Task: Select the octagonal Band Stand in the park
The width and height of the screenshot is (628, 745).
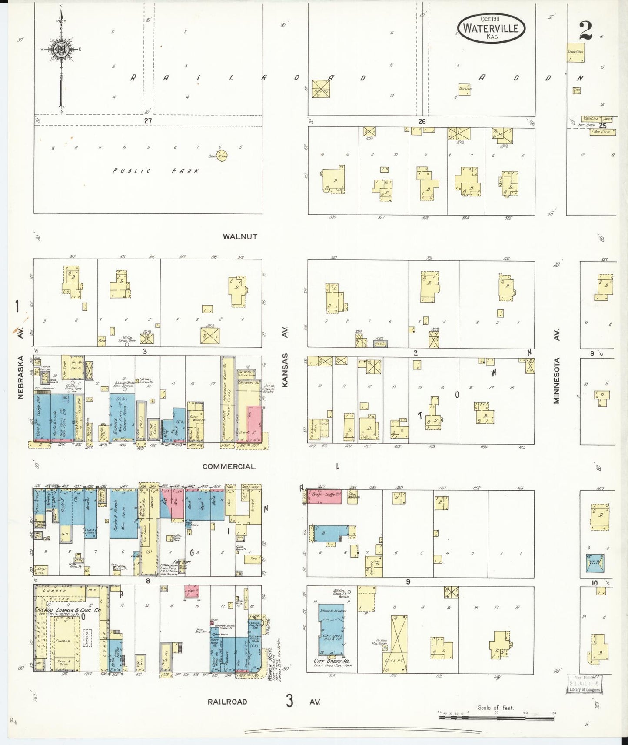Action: tap(222, 155)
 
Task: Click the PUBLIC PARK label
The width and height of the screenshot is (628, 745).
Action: tap(156, 171)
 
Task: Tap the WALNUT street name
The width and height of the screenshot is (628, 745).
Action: tap(240, 237)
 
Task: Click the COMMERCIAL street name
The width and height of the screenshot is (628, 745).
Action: tap(229, 466)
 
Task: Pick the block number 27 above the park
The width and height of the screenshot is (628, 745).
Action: tap(148, 121)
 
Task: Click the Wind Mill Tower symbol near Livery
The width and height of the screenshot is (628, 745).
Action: tap(385, 648)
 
